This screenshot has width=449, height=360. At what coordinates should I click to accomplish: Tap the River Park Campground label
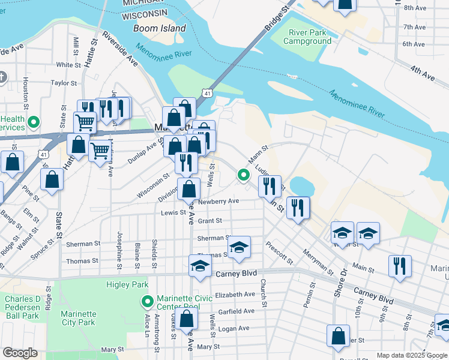(x=310, y=37)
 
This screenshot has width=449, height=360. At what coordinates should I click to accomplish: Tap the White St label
(x=68, y=65)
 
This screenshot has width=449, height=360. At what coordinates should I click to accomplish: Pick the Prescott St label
(x=280, y=253)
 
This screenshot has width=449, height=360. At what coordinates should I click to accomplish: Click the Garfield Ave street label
(x=236, y=311)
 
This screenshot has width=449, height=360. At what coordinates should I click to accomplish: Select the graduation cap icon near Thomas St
(x=239, y=248)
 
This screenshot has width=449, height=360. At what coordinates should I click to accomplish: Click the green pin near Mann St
(x=243, y=175)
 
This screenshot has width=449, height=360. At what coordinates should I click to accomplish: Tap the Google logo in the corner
(x=20, y=353)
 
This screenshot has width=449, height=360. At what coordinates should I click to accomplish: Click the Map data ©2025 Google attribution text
(x=412, y=355)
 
